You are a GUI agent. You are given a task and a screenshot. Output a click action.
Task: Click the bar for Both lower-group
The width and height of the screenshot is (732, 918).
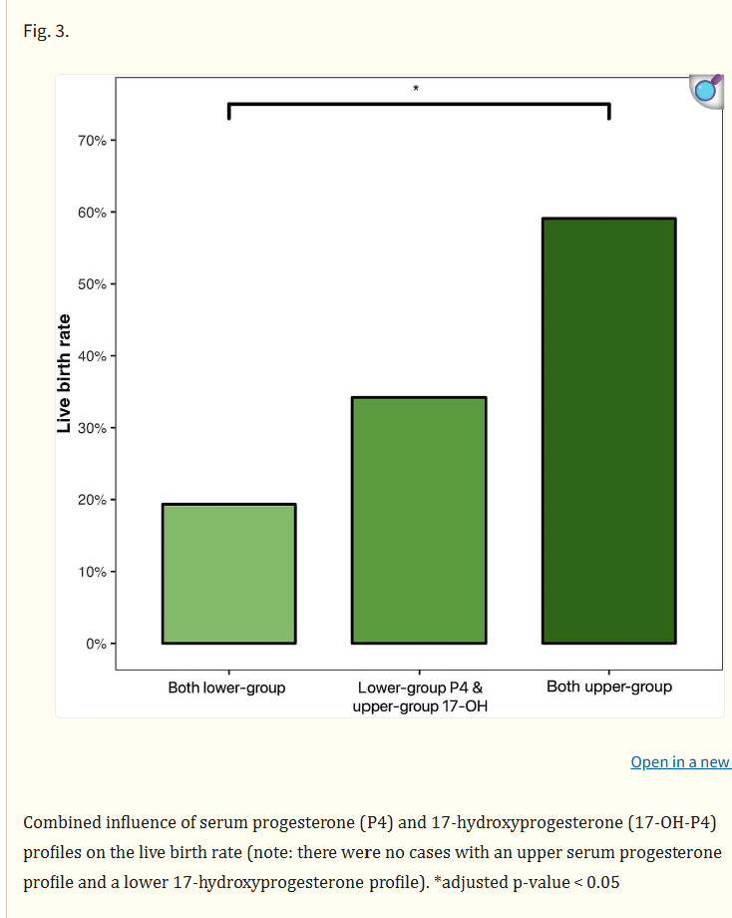(228, 574)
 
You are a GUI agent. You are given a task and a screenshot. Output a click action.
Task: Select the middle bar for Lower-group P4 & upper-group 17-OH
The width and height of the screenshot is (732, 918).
(419, 520)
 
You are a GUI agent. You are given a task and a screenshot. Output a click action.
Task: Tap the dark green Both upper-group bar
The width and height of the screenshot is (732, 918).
(608, 430)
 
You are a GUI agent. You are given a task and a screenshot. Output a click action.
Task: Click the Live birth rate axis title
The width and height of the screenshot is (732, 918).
(64, 374)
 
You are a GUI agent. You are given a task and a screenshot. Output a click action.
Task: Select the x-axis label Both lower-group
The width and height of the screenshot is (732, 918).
(226, 688)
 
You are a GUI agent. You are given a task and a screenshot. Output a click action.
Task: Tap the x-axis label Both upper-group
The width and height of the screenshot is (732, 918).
(609, 687)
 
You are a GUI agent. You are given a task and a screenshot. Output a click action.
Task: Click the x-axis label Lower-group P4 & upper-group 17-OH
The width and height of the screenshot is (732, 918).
(419, 696)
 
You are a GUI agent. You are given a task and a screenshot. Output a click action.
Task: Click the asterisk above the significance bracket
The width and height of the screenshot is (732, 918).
(416, 90)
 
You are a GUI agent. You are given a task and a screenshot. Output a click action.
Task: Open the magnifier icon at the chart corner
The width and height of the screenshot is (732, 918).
(706, 91)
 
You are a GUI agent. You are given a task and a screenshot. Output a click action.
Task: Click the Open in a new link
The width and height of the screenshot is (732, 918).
(680, 762)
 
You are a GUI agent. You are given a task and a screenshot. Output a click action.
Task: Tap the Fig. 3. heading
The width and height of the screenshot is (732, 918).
(45, 30)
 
